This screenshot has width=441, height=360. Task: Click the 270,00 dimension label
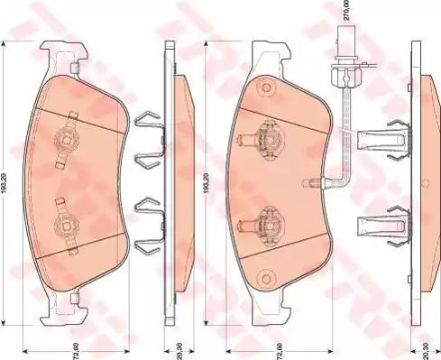coord(344,12)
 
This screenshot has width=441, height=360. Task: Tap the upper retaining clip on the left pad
coord(65,141)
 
